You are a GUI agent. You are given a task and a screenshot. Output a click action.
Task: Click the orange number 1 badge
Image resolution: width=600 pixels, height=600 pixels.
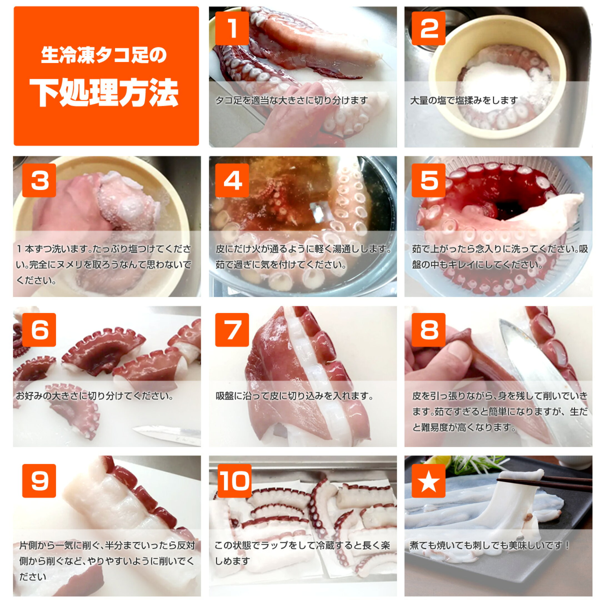(232, 28)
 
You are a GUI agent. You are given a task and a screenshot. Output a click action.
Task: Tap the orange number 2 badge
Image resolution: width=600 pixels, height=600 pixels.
(429, 28)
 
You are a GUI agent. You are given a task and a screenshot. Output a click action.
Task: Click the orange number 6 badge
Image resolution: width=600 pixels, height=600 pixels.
(39, 330)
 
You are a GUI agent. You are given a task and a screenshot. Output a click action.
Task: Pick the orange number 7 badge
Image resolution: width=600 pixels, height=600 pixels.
(232, 330)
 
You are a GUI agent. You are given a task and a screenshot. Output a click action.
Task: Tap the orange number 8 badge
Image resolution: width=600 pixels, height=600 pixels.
(429, 330)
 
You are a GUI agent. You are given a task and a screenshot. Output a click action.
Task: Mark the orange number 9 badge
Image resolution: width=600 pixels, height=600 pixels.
(39, 481)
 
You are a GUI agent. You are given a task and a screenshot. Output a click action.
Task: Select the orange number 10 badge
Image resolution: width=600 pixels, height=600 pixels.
(234, 481)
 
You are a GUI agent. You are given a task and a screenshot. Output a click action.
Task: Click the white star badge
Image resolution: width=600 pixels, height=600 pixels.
(429, 481)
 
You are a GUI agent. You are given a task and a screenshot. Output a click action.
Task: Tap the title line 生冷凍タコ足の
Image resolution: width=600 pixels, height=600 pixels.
(104, 55)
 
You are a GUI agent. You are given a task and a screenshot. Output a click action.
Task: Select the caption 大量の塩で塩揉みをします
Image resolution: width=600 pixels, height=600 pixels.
(464, 100)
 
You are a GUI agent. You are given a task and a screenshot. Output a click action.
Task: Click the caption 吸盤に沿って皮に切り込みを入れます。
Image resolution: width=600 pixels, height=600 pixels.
(295, 396)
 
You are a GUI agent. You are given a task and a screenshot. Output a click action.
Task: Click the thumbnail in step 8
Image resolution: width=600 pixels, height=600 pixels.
(498, 376)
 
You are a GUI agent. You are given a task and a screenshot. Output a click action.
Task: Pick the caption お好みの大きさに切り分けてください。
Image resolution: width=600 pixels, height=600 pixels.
(95, 396)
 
